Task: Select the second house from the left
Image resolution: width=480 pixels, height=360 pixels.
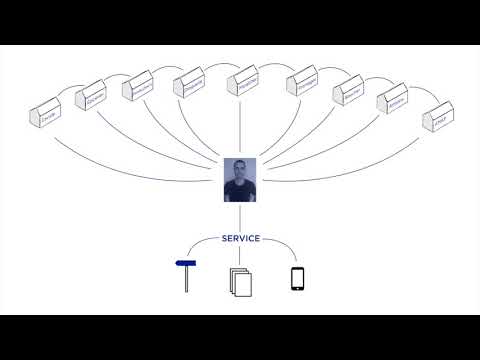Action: (x=93, y=98)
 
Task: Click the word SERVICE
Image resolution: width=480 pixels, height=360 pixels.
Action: (x=239, y=239)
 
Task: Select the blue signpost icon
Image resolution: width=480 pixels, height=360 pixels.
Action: (x=187, y=276)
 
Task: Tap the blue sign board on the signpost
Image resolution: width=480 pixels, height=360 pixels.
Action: (x=185, y=264)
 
